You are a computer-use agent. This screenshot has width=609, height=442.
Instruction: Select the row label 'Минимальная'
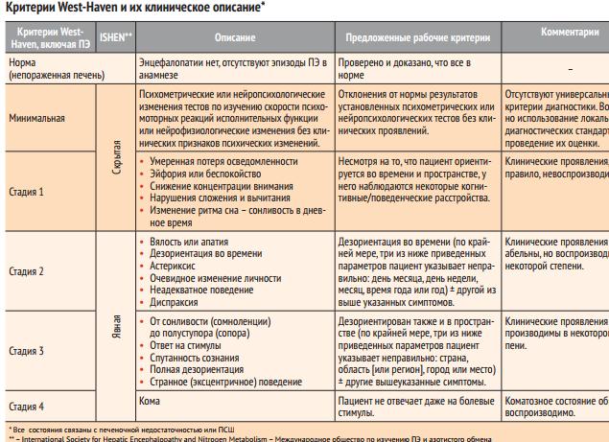click(x=37, y=120)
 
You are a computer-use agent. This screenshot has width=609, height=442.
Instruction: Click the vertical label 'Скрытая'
click(x=116, y=153)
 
